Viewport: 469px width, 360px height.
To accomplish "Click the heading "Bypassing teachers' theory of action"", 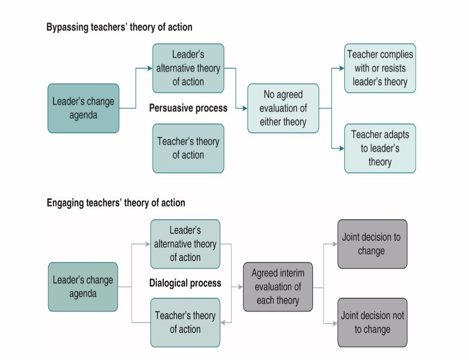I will click(x=119, y=27).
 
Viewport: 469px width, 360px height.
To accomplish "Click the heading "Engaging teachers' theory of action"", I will click(x=116, y=203).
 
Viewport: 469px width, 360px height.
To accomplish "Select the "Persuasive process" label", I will click(x=188, y=108).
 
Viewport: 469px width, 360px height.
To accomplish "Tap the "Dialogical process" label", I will click(x=185, y=283).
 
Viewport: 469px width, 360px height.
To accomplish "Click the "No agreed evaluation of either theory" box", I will click(x=283, y=108).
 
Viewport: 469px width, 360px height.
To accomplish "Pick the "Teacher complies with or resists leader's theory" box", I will click(x=380, y=68).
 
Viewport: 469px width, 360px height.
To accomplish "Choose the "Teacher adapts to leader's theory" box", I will click(x=380, y=148).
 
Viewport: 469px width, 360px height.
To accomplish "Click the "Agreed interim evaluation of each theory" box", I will click(x=278, y=287).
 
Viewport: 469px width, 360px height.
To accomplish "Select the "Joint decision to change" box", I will click(x=372, y=244).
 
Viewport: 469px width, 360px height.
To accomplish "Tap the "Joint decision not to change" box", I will click(x=372, y=323).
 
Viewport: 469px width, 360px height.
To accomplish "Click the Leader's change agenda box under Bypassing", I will click(x=83, y=108).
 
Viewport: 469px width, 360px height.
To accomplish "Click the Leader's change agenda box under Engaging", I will click(x=83, y=287).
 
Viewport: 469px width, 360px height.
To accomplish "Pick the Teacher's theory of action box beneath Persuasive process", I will click(x=188, y=148).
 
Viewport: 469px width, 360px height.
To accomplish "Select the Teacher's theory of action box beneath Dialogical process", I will click(x=185, y=323).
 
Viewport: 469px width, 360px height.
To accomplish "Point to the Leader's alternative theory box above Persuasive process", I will click(x=188, y=68).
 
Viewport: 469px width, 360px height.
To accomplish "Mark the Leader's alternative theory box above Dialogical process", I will click(x=185, y=244).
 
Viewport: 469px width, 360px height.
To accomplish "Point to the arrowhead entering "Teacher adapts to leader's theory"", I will click(x=341, y=148).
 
